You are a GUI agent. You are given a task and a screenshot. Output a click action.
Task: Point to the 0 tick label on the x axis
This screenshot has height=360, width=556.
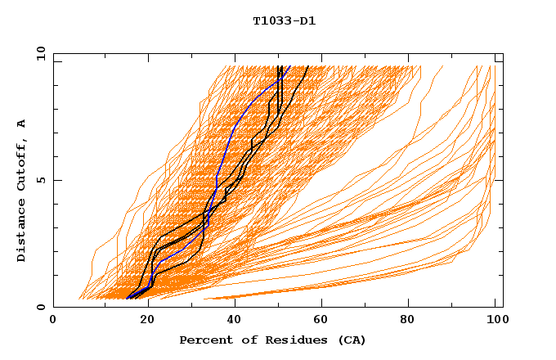[53, 320]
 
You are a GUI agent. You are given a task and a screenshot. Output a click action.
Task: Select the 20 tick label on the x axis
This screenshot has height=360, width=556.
[146, 320]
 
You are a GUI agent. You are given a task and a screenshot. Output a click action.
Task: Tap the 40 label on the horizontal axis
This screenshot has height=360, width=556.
[235, 320]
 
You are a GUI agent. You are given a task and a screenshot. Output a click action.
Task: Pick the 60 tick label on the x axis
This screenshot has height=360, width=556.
[323, 320]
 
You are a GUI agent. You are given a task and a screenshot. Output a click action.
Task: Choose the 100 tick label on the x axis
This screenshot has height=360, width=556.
[495, 320]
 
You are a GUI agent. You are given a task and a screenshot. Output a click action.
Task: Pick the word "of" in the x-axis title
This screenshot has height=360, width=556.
[243, 340]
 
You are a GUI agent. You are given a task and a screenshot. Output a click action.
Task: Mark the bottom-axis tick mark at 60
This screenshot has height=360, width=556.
[323, 304]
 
